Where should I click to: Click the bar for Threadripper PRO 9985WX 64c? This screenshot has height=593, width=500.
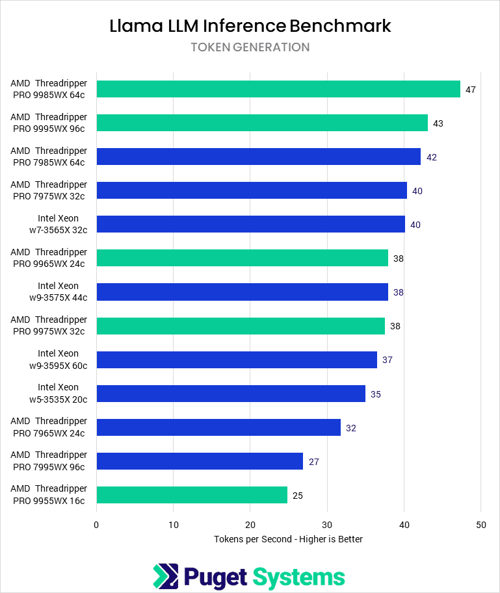(278, 89)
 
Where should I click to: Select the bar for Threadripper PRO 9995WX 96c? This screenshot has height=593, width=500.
(262, 123)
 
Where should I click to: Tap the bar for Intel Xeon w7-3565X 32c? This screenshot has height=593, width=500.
(250, 224)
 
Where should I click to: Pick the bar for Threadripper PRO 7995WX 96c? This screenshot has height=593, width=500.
(200, 461)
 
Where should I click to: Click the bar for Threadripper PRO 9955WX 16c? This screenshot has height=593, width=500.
(192, 495)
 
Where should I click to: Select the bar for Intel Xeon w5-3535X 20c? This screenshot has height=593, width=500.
(231, 394)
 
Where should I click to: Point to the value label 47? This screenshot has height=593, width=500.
(471, 90)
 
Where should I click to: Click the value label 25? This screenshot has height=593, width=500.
(298, 496)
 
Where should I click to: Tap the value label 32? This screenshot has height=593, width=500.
(351, 428)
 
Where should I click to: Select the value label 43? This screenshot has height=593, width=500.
(438, 123)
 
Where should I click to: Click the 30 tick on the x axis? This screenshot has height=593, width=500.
(327, 525)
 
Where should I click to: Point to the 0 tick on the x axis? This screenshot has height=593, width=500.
(96, 525)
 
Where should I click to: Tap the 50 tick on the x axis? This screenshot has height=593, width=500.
(480, 525)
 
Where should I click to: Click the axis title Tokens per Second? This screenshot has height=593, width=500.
(288, 539)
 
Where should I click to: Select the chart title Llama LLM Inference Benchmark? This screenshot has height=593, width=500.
(250, 26)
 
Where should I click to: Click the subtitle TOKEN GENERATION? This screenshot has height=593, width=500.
(250, 47)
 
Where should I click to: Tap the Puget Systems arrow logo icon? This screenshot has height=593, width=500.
(165, 576)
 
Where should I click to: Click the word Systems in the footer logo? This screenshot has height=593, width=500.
(298, 577)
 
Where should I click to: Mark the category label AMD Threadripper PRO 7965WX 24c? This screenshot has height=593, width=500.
(49, 427)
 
